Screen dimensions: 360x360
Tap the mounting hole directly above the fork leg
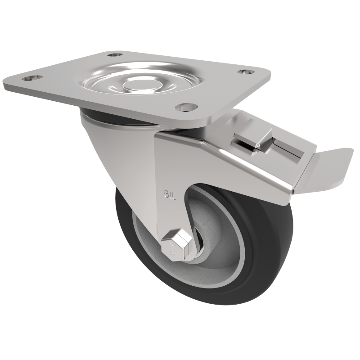pyautogui.click(x=186, y=107)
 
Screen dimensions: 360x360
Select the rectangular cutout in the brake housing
pyautogui.click(x=283, y=148)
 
